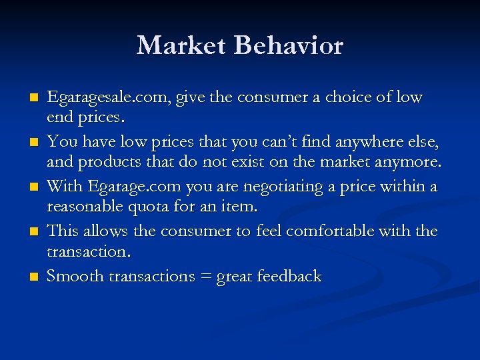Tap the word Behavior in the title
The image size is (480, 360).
pos(289,46)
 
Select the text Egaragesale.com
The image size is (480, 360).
pos(109,98)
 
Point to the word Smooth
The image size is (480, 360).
pos(71,276)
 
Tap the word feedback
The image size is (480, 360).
pos(291,276)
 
